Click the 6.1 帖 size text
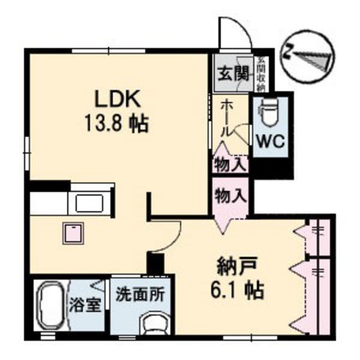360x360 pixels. [x=236, y=290]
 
